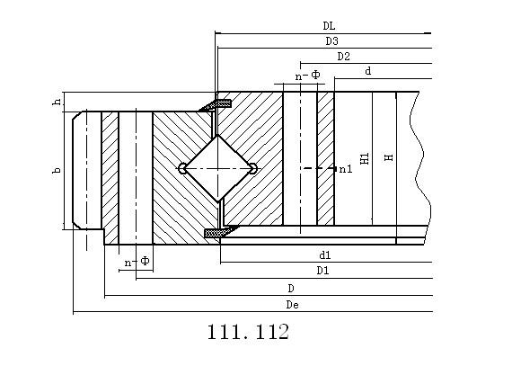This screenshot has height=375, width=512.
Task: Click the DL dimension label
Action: (329, 26)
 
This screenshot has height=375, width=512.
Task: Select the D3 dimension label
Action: (331, 41)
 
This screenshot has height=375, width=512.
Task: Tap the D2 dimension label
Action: (343, 57)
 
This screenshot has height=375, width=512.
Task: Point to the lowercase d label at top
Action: (368, 71)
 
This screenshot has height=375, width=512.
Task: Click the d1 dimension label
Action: (325, 255)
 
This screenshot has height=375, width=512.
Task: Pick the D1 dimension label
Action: (323, 271)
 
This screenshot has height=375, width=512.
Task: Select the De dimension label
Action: (292, 305)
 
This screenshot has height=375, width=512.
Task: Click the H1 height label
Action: (365, 158)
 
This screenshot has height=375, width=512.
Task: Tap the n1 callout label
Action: (346, 169)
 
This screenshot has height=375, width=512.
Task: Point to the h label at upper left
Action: (57, 102)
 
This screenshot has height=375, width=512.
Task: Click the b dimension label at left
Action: (57, 170)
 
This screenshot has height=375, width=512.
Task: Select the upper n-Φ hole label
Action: (307, 76)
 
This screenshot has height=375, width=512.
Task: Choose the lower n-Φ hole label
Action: (137, 262)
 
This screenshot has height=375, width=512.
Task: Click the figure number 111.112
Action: (248, 332)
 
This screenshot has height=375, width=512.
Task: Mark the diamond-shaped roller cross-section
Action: (217, 168)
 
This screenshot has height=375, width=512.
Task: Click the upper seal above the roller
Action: (216, 104)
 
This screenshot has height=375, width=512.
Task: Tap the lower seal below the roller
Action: (221, 231)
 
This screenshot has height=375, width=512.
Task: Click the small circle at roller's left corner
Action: (182, 169)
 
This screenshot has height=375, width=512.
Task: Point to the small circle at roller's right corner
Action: (253, 169)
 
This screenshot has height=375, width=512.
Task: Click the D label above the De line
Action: (291, 289)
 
